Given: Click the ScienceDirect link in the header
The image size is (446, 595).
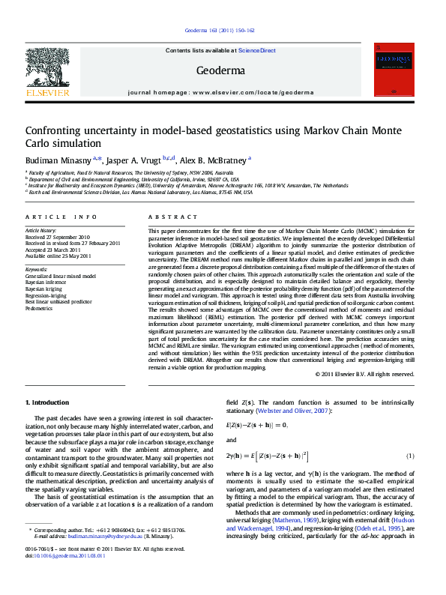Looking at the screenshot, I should [x=257, y=50].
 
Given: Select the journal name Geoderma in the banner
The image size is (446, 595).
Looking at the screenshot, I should [x=220, y=70].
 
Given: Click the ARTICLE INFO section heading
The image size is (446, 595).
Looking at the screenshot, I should [x=61, y=217].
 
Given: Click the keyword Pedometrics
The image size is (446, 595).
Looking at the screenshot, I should [x=40, y=308].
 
